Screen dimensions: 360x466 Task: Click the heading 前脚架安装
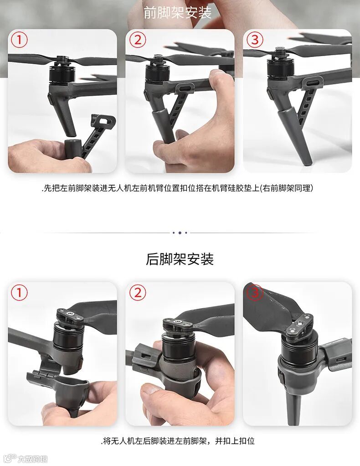click(x=177, y=13)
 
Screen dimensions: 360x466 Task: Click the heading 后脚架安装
click(x=180, y=259)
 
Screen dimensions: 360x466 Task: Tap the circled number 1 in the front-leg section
click(x=19, y=40)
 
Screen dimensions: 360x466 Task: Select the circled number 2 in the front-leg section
click(x=138, y=40)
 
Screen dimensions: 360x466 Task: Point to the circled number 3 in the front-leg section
click(x=255, y=40)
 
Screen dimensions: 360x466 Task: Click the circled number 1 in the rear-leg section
click(x=19, y=293)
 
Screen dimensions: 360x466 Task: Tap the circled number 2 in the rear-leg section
click(x=138, y=293)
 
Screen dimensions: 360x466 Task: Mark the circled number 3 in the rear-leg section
click(x=255, y=293)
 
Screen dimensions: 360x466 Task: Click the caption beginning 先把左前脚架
click(x=177, y=188)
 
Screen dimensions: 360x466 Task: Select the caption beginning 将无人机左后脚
click(x=177, y=441)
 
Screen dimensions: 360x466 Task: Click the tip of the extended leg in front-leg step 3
click(x=308, y=162)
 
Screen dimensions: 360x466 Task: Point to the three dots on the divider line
click(x=180, y=233)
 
